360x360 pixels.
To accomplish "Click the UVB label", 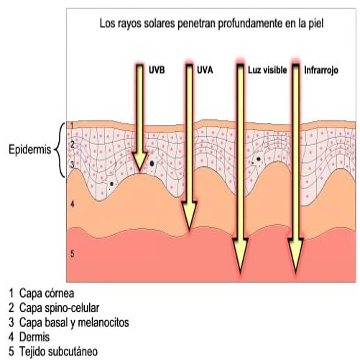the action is point(157,70).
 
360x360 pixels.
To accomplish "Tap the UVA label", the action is point(205,70).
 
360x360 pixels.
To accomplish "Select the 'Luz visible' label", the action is point(267,70).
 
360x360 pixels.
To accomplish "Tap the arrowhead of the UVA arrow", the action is point(189,216).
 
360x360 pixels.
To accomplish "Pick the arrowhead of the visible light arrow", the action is point(240,255).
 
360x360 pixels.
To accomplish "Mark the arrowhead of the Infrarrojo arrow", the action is point(296,255).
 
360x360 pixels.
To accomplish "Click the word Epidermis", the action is point(30,150).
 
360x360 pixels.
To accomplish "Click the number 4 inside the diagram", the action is point(72,204).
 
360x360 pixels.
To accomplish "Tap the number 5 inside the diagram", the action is point(72,254).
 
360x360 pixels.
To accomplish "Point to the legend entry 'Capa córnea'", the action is point(47,293).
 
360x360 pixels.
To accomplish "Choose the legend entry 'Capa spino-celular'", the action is point(59,308).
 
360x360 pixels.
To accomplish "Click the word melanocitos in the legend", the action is point(103,322).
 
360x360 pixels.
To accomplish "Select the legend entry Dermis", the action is point(34,337).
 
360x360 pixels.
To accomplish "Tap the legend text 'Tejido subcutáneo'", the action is point(59,352).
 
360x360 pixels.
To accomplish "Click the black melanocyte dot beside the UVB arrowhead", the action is point(152,163).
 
